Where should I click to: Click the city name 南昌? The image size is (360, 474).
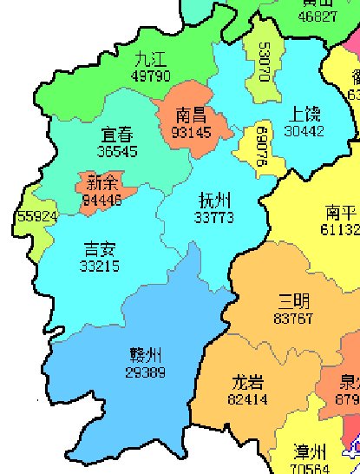pyautogui.click(x=191, y=115)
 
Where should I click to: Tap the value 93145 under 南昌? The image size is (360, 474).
pyautogui.click(x=191, y=133)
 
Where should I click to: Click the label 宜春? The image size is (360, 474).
pyautogui.click(x=117, y=135)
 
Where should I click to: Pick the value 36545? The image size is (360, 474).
pyautogui.click(x=117, y=151)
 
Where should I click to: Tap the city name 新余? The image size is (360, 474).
pyautogui.click(x=101, y=182)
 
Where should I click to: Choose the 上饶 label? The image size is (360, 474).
pyautogui.click(x=304, y=113)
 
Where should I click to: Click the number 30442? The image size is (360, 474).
pyautogui.click(x=304, y=131)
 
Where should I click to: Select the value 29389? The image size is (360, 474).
pyautogui.click(x=146, y=372)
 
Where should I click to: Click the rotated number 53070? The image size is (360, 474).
pyautogui.click(x=264, y=61)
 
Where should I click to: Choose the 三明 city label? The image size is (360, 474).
pyautogui.click(x=293, y=301)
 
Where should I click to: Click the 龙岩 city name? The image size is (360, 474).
pyautogui.click(x=248, y=382)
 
